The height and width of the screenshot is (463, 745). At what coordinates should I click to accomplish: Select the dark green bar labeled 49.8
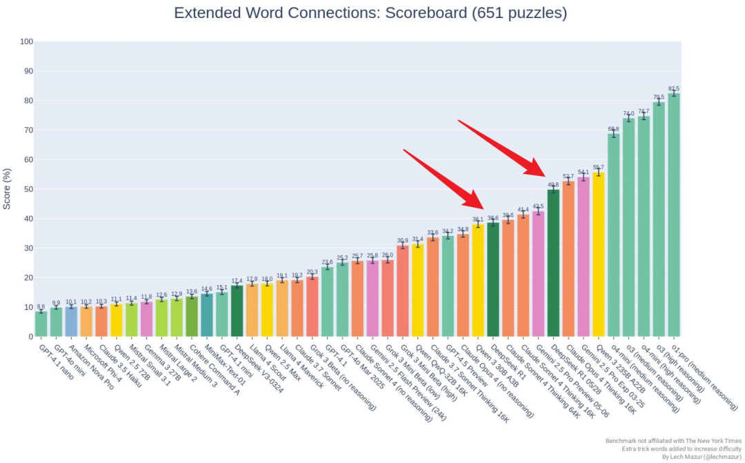click(553, 263)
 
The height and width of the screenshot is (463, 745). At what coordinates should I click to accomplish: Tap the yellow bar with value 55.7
click(599, 255)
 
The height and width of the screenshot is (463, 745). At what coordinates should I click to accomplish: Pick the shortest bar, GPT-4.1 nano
click(41, 324)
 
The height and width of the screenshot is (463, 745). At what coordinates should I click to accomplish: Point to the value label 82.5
click(674, 88)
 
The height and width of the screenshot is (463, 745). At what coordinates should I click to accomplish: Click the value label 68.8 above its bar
click(613, 129)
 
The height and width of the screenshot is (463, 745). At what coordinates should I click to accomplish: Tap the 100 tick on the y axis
click(26, 42)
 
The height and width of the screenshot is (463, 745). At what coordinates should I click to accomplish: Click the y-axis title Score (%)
click(8, 188)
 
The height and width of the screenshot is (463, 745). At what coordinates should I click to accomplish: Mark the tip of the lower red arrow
click(486, 208)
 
